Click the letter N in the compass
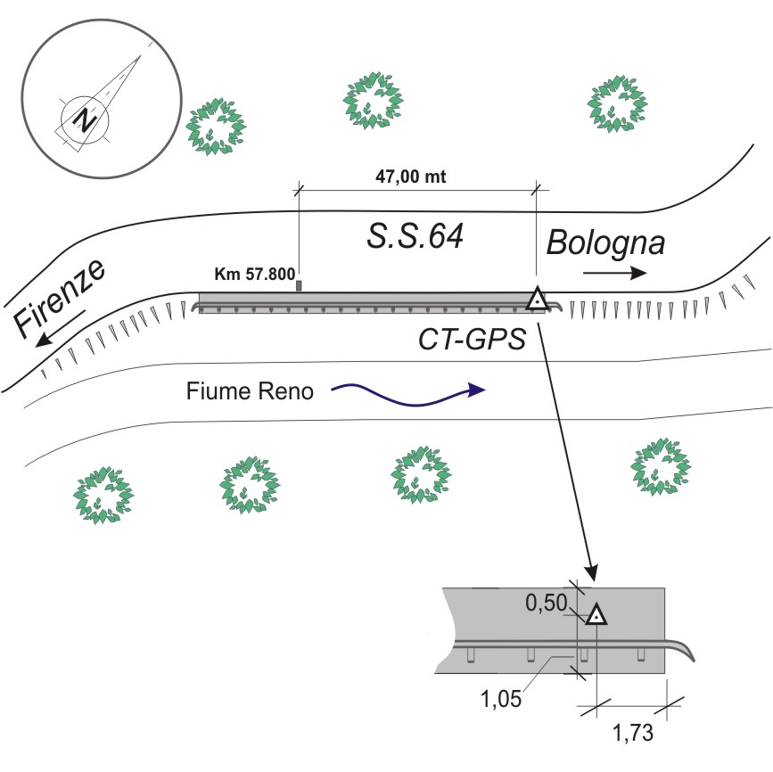(x=85, y=119)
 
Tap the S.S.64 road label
(x=416, y=236)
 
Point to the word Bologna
(x=605, y=242)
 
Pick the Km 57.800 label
(x=255, y=274)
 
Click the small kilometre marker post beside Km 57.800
(x=300, y=285)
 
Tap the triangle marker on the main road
(x=536, y=300)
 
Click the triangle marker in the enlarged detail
(x=596, y=615)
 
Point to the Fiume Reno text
(x=251, y=390)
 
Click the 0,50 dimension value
(x=544, y=604)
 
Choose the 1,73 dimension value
(x=634, y=735)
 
